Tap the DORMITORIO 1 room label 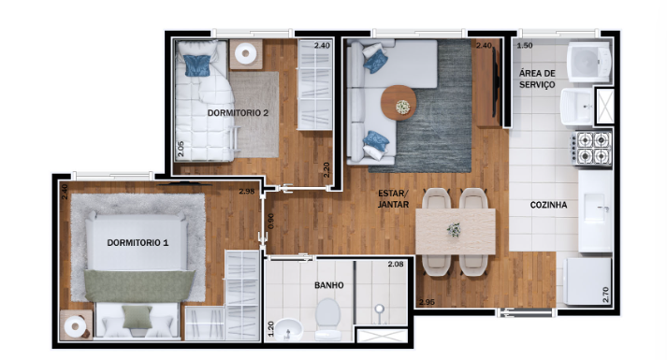pos(138,243)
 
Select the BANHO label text pos(328,285)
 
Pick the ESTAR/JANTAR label pos(394,198)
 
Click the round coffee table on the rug pos(401,101)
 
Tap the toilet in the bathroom pos(328,319)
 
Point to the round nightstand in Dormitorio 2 pos(246,53)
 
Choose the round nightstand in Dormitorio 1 pos(74,326)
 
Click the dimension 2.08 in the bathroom pos(396,266)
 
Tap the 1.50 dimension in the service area pos(525,46)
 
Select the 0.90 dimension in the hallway pos(270,222)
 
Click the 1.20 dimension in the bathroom pos(271,330)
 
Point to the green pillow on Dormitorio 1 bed pos(137,317)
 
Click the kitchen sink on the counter pos(596,205)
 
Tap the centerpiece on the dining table pos(455,228)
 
